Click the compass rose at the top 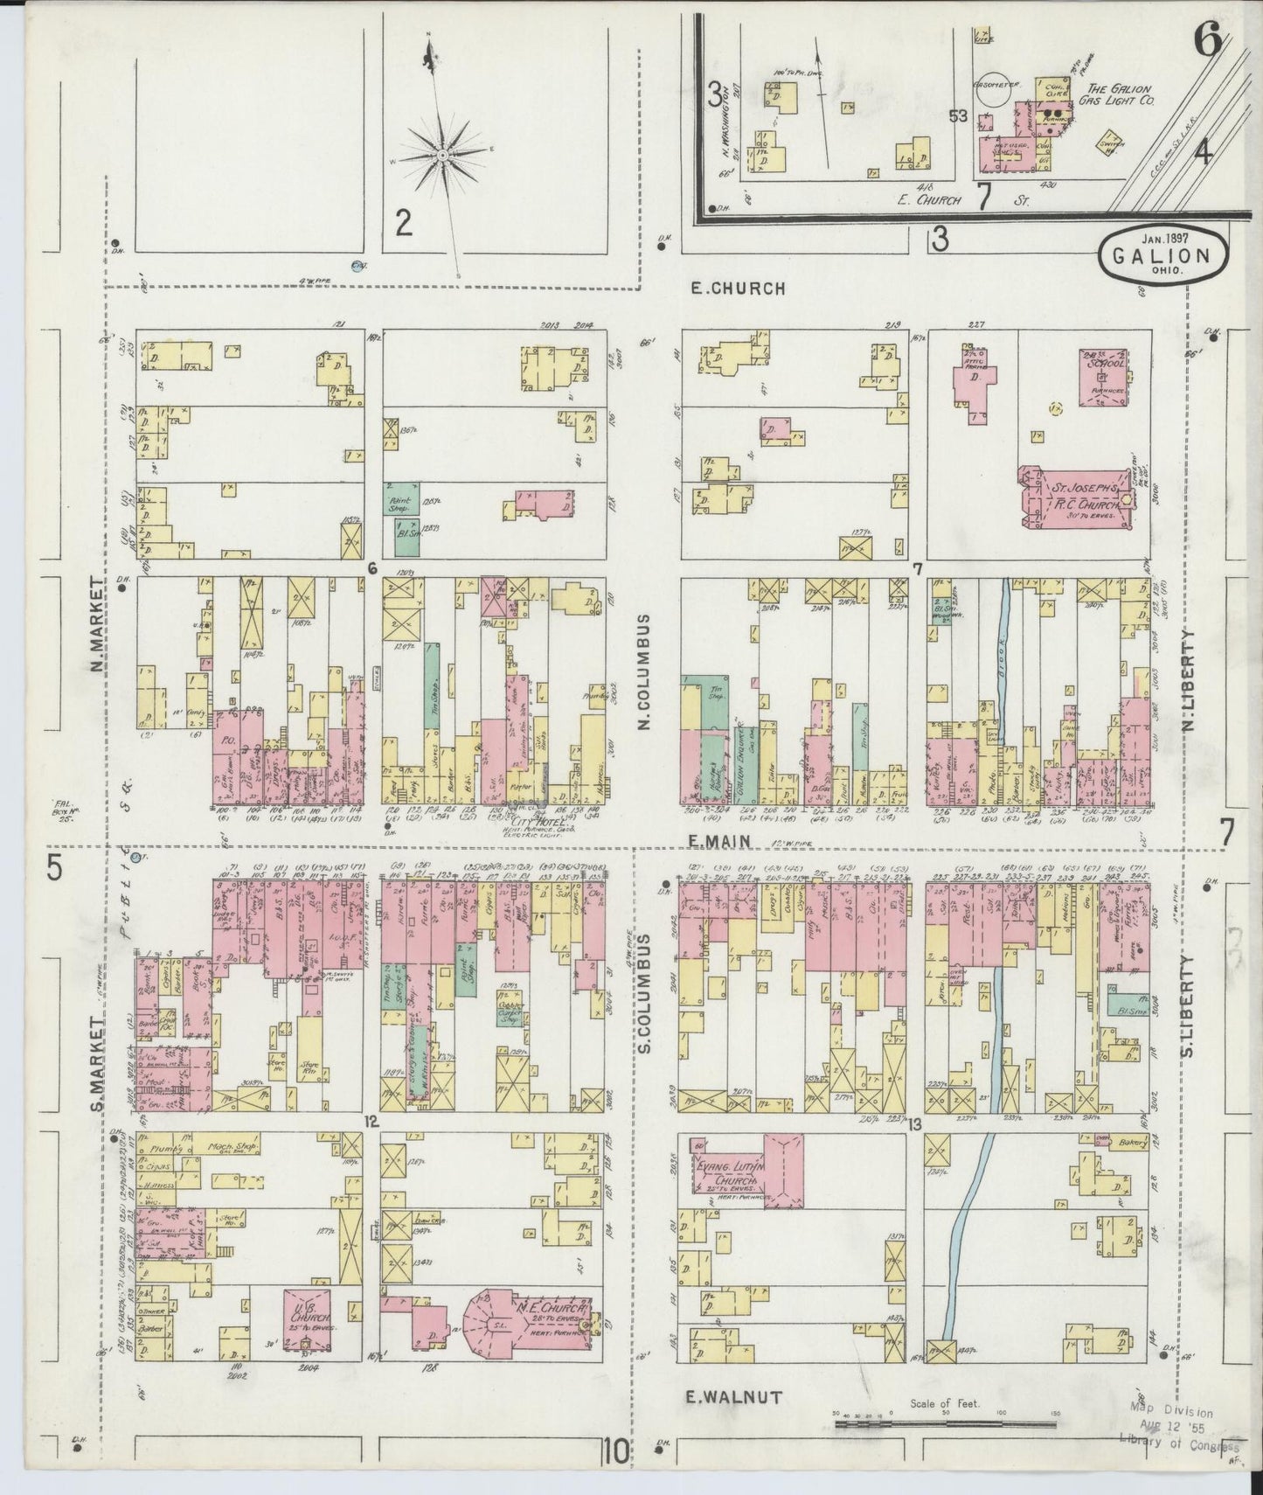pyautogui.click(x=443, y=156)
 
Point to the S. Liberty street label pyautogui.click(x=1187, y=1005)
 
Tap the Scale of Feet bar pyautogui.click(x=943, y=1423)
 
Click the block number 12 pyautogui.click(x=371, y=1122)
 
